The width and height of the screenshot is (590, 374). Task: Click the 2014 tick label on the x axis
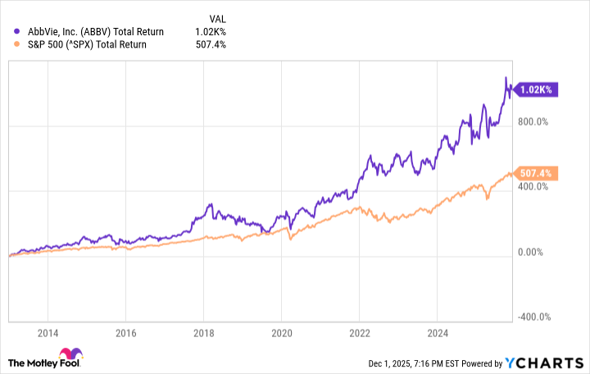(x=48, y=334)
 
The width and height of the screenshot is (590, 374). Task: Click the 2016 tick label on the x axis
(x=125, y=334)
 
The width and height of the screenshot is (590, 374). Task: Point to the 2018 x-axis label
(x=203, y=334)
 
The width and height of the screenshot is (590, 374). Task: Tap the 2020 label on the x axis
(x=281, y=334)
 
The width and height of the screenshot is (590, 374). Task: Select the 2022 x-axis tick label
(x=359, y=334)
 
